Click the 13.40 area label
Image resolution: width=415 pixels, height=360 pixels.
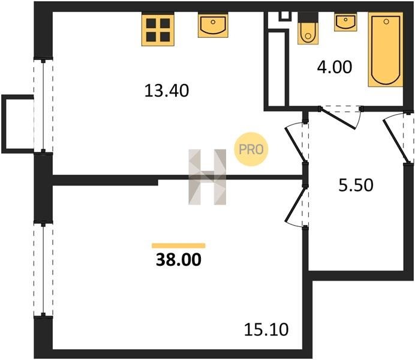point(167,91)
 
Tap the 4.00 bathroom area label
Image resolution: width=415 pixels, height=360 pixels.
point(335,67)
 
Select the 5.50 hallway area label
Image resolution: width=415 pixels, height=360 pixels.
point(356,185)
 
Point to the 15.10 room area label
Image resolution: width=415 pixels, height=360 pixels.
point(266,330)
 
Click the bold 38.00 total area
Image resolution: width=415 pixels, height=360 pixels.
point(179,260)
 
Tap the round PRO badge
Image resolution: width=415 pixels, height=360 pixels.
point(251,149)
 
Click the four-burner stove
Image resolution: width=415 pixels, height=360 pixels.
point(158,30)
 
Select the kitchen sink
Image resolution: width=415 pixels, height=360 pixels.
point(213,26)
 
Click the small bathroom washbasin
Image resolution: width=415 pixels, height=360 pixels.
point(345,22)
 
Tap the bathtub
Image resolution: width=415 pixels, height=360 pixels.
point(386,49)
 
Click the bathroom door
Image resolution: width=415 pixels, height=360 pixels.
point(341,118)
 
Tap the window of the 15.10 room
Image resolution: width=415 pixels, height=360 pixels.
point(43,269)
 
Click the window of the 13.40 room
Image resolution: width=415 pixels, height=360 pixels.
point(43,106)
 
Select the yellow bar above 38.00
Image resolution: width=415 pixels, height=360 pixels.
point(179,245)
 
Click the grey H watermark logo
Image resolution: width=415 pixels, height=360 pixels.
point(207,177)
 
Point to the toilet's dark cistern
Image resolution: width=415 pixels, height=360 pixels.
point(308,17)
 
